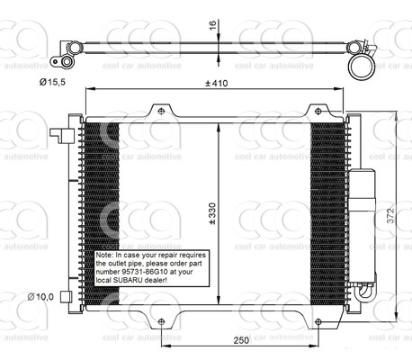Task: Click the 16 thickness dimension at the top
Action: [213, 26]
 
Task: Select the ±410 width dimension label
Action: [213, 84]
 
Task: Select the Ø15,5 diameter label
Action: [51, 80]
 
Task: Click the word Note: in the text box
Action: [106, 256]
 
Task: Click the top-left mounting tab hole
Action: [161, 111]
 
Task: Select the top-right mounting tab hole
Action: [315, 111]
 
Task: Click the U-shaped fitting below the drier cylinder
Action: [364, 291]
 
